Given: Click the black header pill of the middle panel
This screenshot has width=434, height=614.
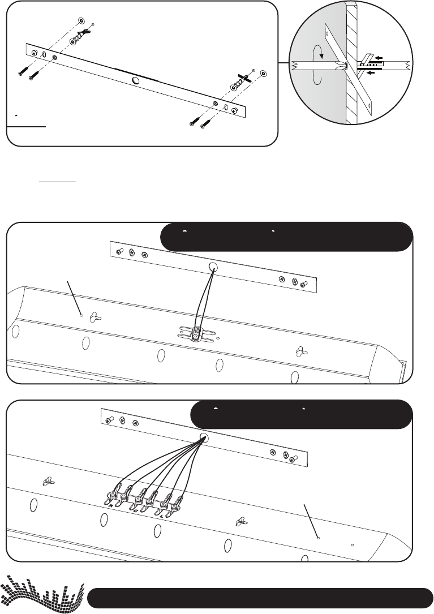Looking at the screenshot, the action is click(286, 237).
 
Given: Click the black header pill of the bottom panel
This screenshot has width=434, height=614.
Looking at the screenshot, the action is click(301, 414).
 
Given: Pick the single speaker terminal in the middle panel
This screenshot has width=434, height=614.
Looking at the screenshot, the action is click(196, 333).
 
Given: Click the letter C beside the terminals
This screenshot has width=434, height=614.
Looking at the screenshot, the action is click(136, 509).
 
